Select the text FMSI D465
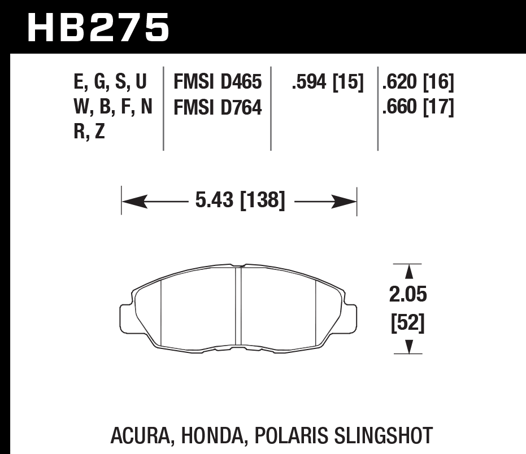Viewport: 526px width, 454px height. [218, 82]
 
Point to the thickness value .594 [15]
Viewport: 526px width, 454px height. [326, 82]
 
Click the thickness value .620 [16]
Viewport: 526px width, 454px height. [418, 82]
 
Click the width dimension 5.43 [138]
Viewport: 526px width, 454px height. [240, 200]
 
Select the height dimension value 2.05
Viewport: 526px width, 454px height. [407, 295]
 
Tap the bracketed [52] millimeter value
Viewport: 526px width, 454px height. [407, 324]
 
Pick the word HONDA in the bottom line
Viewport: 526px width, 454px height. [212, 435]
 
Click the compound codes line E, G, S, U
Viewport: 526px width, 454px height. [110, 82]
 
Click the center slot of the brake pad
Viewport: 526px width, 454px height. [238, 305]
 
